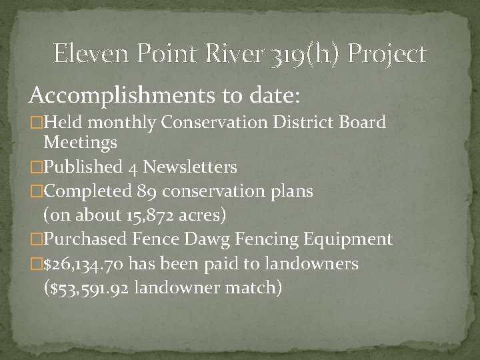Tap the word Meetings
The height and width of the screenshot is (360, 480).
tap(80, 141)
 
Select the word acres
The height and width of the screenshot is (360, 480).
tap(208, 215)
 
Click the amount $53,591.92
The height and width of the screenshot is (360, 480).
tap(91, 288)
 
